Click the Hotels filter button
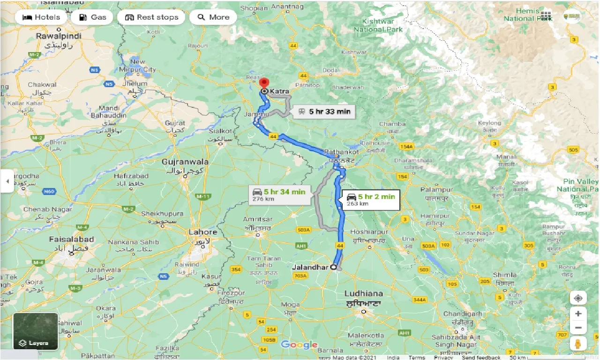(x=41, y=17)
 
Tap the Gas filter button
(x=92, y=17)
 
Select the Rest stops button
(x=151, y=17)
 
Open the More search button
(x=213, y=17)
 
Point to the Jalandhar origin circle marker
(x=333, y=267)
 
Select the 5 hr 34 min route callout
(x=279, y=195)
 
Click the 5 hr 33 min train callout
(x=324, y=112)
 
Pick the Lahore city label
(x=202, y=232)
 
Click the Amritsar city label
(x=258, y=219)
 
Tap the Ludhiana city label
(x=363, y=293)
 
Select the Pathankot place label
(x=342, y=152)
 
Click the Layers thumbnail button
(x=36, y=331)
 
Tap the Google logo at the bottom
(x=300, y=345)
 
